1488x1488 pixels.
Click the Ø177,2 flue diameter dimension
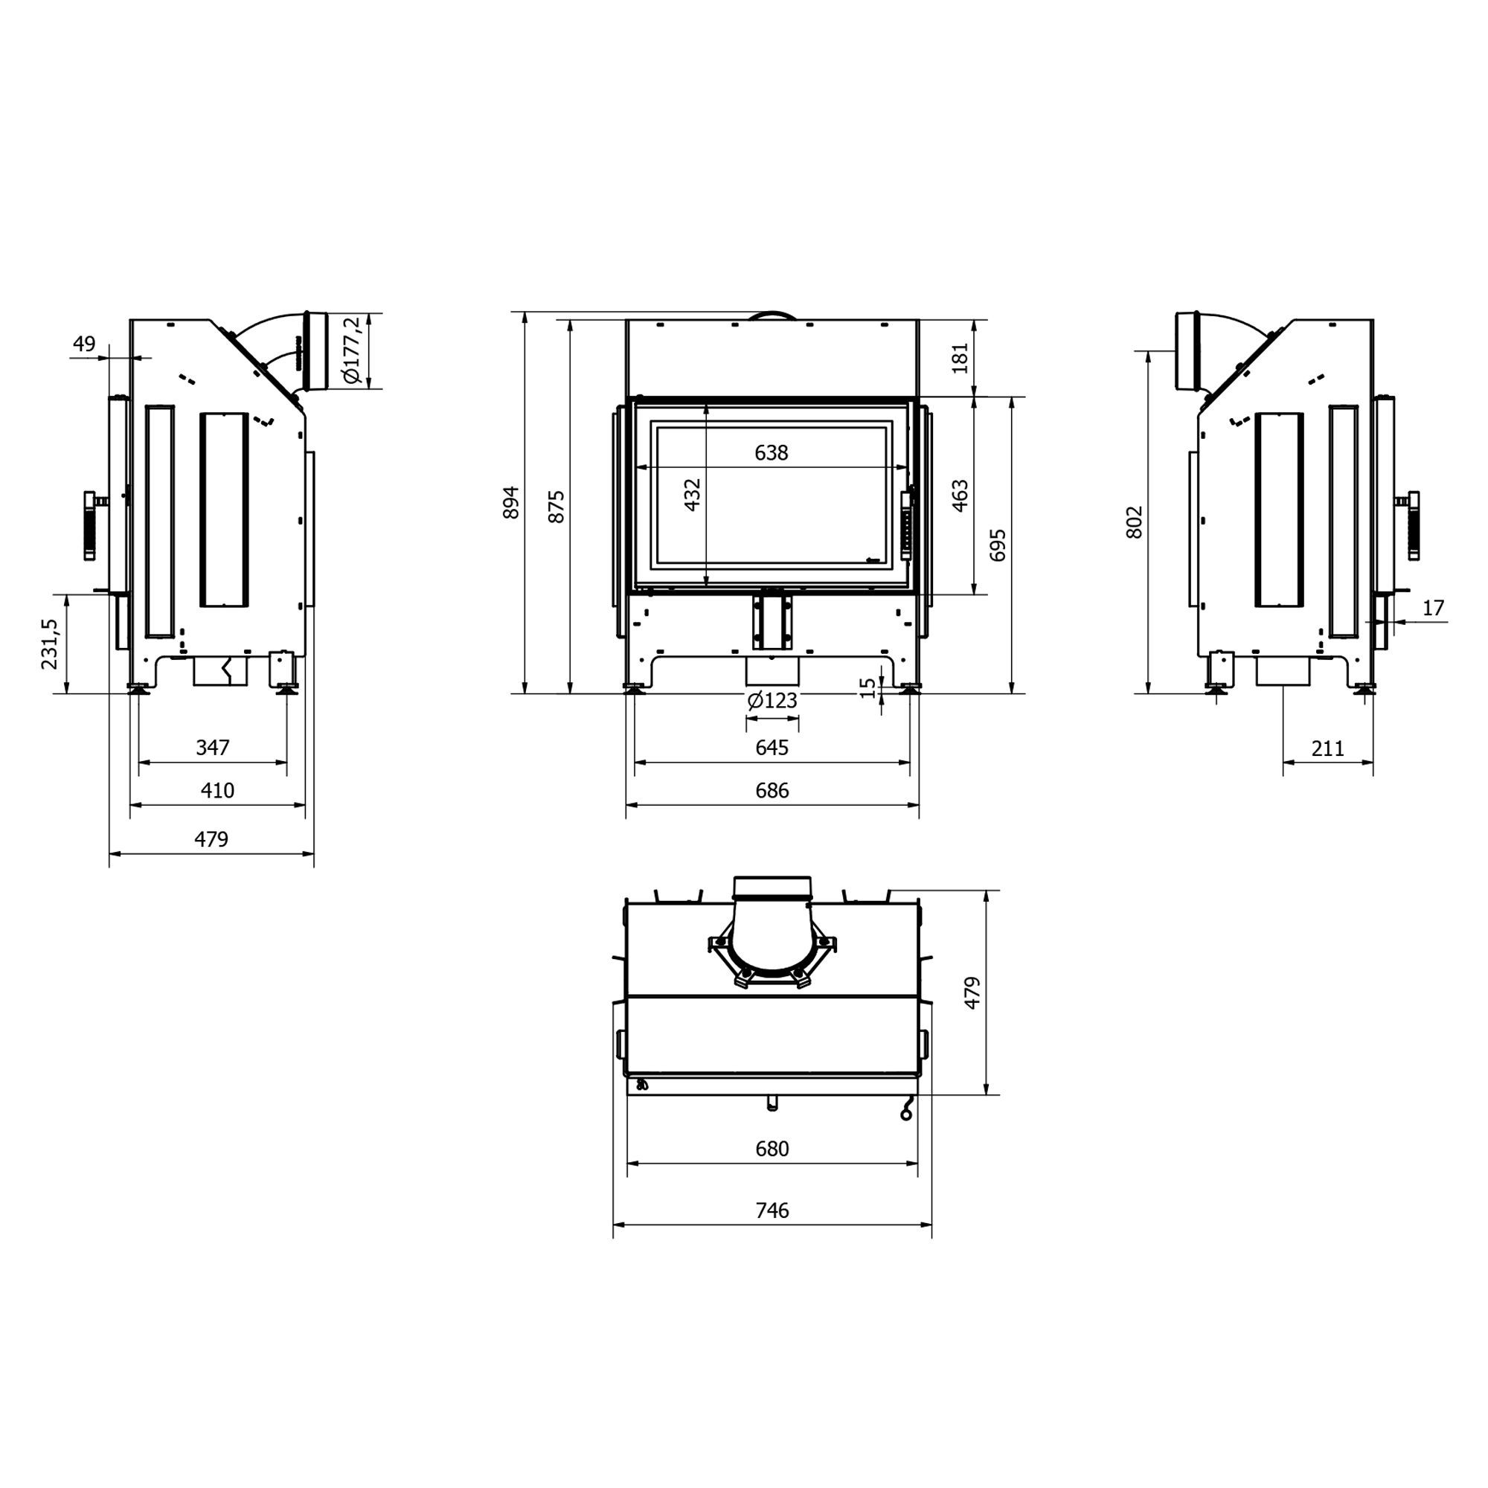pyautogui.click(x=351, y=350)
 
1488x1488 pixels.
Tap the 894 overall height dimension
pyautogui.click(x=511, y=502)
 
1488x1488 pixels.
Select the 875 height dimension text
pyautogui.click(x=556, y=506)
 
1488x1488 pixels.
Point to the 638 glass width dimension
pyautogui.click(x=772, y=453)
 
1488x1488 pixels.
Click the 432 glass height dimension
pyautogui.click(x=693, y=495)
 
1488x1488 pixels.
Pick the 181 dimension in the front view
pyautogui.click(x=960, y=358)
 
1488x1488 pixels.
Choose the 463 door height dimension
pyautogui.click(x=960, y=496)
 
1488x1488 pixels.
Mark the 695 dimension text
pyautogui.click(x=998, y=545)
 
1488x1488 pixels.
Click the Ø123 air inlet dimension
pyautogui.click(x=772, y=700)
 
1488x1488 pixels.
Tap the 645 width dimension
pyautogui.click(x=772, y=747)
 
